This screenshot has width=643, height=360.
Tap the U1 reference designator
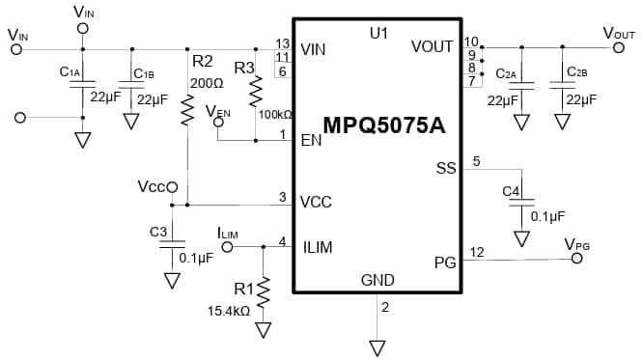[377, 33]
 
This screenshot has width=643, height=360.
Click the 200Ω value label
[207, 83]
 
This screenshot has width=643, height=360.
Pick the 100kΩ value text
[275, 114]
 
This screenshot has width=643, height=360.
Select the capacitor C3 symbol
[172, 246]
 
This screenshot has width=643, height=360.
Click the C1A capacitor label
[69, 72]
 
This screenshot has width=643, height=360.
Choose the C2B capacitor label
[576, 72]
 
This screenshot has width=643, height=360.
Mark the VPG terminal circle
[578, 259]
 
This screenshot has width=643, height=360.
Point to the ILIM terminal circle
[228, 247]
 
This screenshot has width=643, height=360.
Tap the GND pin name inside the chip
[377, 280]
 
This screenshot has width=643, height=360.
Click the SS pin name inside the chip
[445, 168]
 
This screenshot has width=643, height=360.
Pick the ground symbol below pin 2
[377, 346]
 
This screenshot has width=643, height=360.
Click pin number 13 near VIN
[282, 43]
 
